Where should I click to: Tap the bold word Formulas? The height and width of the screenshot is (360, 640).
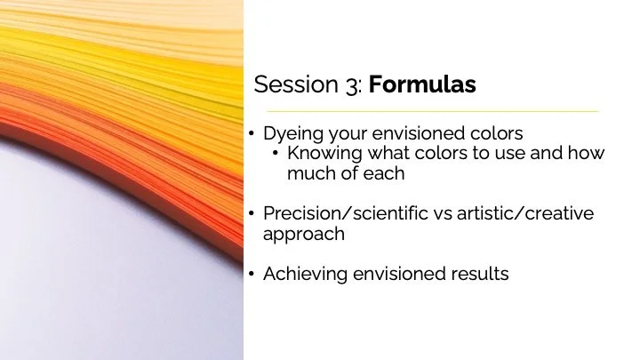point(422,84)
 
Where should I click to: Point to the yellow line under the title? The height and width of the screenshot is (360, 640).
point(427,111)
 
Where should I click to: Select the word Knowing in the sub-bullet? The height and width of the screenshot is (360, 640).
point(322,154)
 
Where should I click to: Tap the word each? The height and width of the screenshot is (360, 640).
point(383,173)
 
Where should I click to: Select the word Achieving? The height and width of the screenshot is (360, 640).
point(303,275)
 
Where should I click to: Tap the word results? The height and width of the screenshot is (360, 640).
point(478,275)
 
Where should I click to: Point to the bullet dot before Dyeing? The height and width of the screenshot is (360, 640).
point(252,134)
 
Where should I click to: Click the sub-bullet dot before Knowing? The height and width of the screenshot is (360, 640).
point(276,154)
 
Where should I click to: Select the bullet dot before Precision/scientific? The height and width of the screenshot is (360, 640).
point(252,214)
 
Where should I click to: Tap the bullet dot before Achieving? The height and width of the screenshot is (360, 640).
point(252,275)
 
